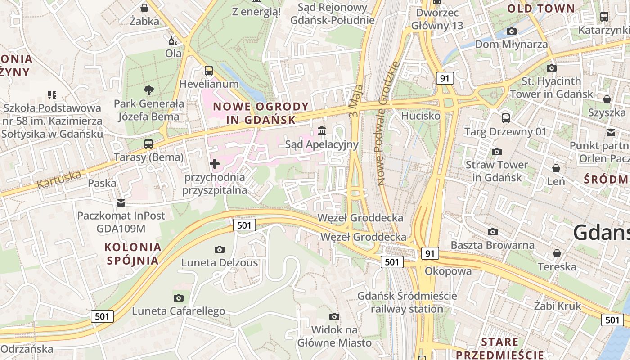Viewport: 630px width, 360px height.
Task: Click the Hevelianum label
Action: pyautogui.click(x=209, y=84)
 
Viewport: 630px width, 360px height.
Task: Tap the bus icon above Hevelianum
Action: pyautogui.click(x=209, y=71)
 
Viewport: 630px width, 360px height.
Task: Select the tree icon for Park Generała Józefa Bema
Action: pyautogui.click(x=148, y=90)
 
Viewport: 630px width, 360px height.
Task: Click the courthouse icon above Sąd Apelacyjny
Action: pyautogui.click(x=322, y=131)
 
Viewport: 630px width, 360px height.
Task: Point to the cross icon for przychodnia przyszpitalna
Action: pyautogui.click(x=215, y=164)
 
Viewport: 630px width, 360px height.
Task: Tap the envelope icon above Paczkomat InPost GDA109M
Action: pyautogui.click(x=121, y=202)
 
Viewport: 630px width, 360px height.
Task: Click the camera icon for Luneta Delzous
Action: pyautogui.click(x=220, y=249)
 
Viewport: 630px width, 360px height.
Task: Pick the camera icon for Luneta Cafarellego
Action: pyautogui.click(x=179, y=298)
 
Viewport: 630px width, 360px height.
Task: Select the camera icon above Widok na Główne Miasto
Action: pyautogui.click(x=334, y=316)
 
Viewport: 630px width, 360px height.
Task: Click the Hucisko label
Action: pyautogui.click(x=420, y=116)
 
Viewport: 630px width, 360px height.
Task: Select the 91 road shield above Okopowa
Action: pyautogui.click(x=430, y=253)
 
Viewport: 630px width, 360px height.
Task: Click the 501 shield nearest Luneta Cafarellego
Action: pyautogui.click(x=102, y=316)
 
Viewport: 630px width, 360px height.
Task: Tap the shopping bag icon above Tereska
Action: pyautogui.click(x=557, y=253)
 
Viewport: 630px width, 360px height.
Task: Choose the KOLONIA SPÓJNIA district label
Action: pyautogui.click(x=133, y=253)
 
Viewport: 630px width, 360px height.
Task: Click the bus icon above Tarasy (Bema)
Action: pyautogui.click(x=148, y=144)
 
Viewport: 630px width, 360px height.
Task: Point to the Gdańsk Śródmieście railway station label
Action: pyautogui.click(x=407, y=302)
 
